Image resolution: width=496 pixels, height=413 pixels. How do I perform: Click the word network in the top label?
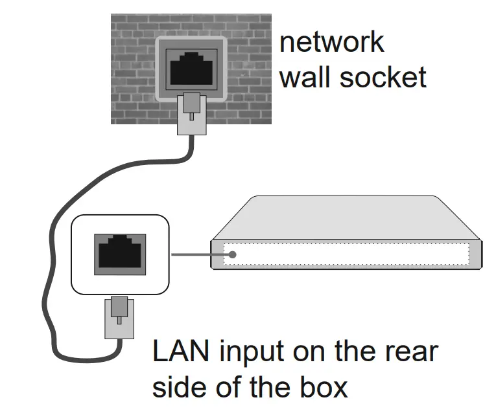coord(331,42)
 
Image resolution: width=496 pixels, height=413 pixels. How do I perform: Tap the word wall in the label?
coord(305,77)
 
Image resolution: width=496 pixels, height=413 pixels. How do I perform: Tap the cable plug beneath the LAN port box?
coord(118,318)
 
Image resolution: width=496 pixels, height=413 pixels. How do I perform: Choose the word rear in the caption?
coord(413,353)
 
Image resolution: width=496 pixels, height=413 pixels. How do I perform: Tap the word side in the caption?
coord(178,386)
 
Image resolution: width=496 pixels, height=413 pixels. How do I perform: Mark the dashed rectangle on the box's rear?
coord(347,254)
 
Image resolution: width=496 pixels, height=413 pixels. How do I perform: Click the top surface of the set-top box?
coord(344,217)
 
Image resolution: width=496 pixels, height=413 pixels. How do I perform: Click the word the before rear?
coord(357,353)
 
